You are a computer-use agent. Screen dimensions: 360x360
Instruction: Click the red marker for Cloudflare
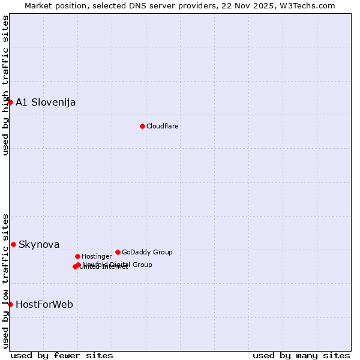click(142, 126)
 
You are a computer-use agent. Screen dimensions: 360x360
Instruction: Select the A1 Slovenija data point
click(10, 102)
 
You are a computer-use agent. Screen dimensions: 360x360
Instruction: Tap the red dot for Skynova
click(13, 244)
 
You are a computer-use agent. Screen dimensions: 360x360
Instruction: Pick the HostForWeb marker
click(10, 304)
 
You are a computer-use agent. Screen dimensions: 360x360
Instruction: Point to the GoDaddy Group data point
click(118, 252)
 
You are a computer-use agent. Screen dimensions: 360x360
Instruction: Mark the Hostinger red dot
click(77, 256)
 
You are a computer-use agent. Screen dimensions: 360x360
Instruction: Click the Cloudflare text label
click(163, 126)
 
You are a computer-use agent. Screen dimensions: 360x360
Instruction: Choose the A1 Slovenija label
click(46, 102)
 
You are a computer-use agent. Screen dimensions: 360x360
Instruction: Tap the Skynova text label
click(39, 244)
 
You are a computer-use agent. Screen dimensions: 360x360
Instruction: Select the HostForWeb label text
click(44, 304)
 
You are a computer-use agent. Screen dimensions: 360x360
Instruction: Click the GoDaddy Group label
click(147, 252)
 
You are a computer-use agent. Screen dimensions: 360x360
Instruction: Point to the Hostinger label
click(97, 256)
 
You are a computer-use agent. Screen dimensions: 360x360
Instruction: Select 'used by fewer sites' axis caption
click(62, 355)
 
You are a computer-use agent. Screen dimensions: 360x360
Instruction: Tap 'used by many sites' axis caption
click(301, 355)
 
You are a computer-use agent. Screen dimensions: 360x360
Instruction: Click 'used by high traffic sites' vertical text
click(5, 85)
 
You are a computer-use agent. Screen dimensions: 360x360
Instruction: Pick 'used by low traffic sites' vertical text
click(5, 280)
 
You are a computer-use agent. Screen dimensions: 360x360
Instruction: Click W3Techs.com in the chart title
click(310, 5)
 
